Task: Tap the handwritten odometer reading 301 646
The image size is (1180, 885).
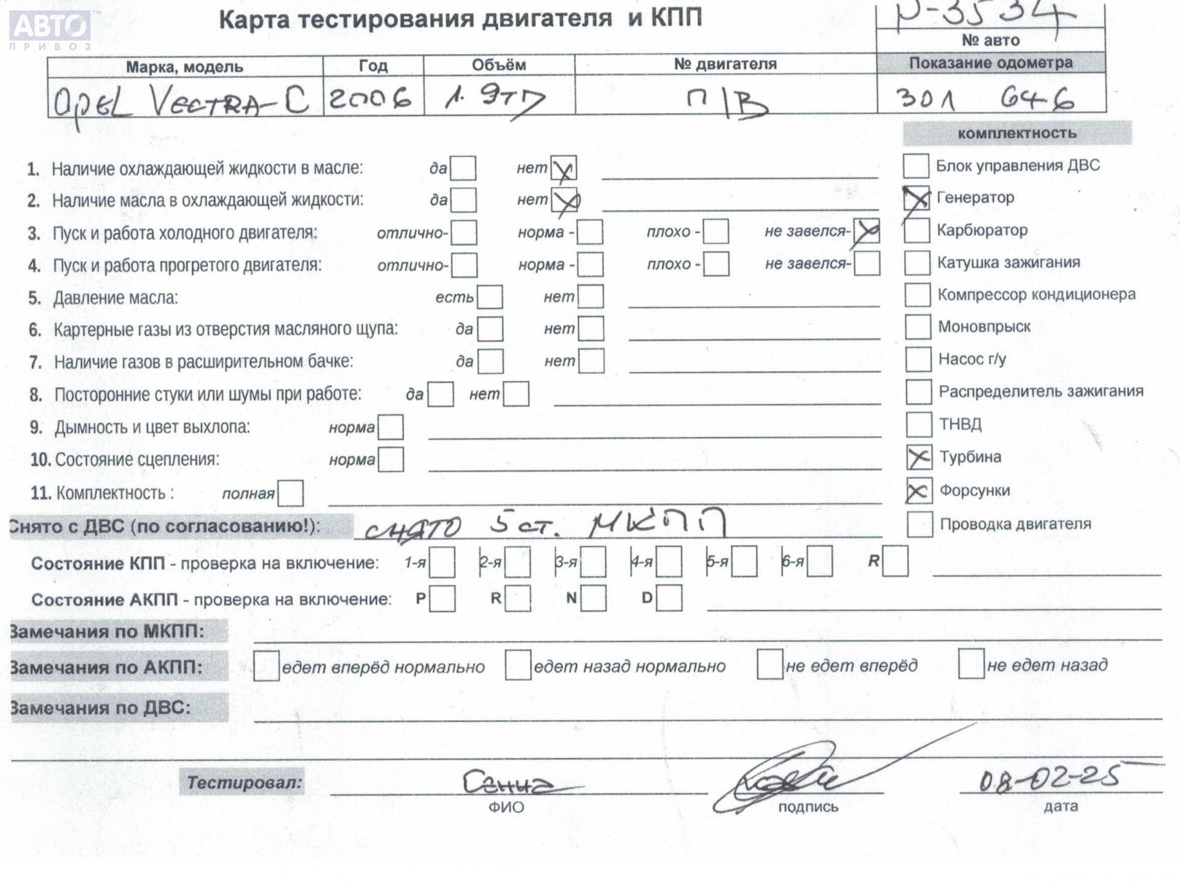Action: click(x=985, y=99)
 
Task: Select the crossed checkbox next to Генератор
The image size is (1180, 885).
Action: click(x=916, y=199)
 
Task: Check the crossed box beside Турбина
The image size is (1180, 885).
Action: click(x=919, y=457)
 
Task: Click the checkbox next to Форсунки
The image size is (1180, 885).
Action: click(x=919, y=491)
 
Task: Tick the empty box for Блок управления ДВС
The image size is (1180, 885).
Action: click(x=916, y=166)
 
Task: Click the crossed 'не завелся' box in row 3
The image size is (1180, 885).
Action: click(x=867, y=232)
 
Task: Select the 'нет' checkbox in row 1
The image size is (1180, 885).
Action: click(x=563, y=168)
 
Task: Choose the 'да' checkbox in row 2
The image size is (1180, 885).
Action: click(x=463, y=200)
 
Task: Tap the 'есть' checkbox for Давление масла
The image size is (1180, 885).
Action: click(x=490, y=297)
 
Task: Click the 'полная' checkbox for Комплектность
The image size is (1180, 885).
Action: click(x=290, y=494)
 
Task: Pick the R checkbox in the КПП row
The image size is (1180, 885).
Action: click(x=895, y=562)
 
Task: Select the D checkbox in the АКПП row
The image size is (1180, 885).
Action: click(x=669, y=598)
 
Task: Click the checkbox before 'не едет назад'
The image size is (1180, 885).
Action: click(x=971, y=665)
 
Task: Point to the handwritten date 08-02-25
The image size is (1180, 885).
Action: click(x=1048, y=779)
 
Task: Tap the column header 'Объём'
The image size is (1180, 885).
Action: click(x=498, y=65)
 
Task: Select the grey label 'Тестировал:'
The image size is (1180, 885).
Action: click(x=243, y=782)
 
